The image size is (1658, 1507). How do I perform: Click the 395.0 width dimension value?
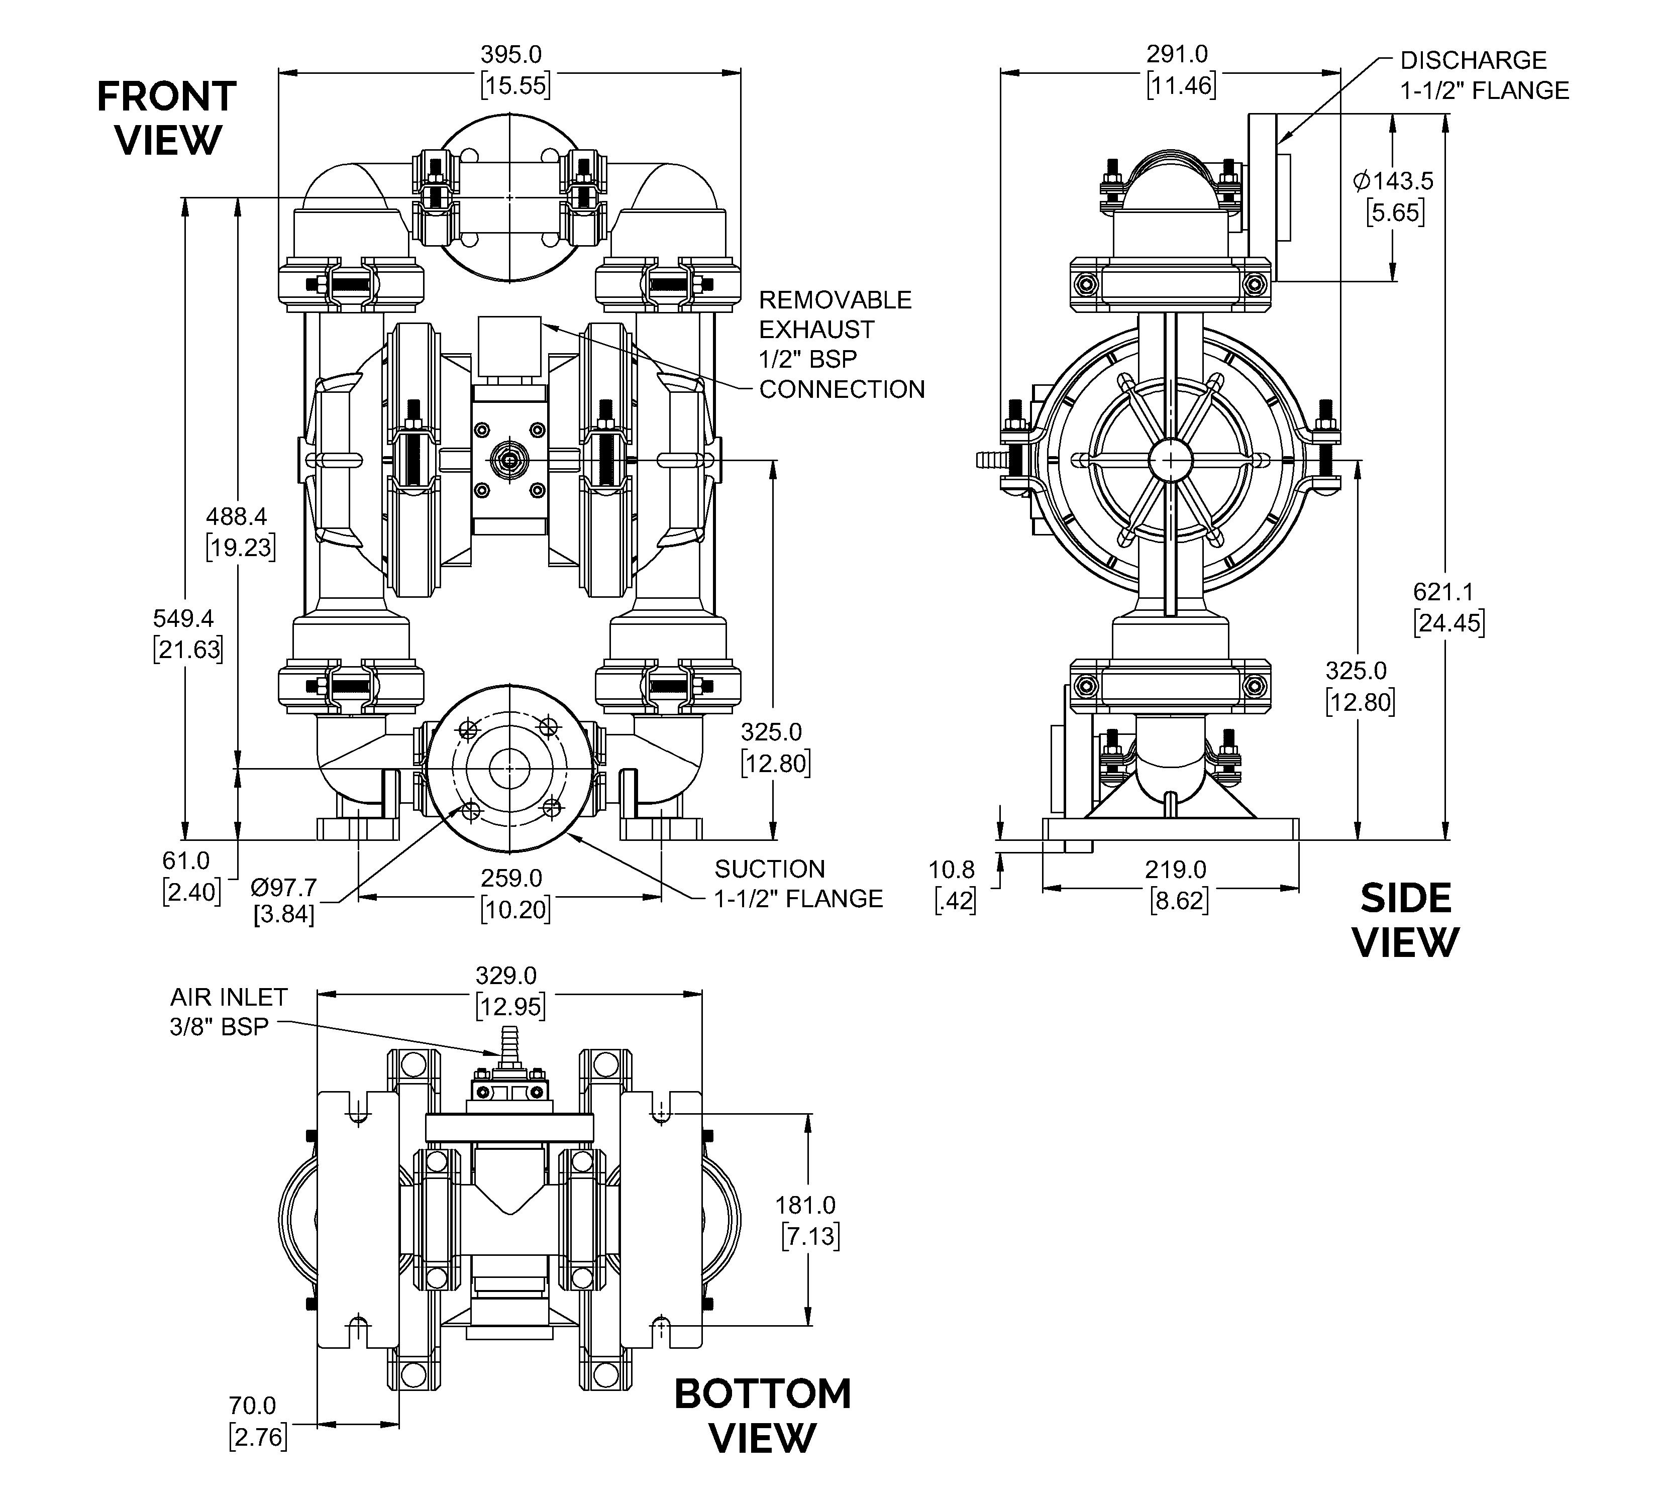coord(511,54)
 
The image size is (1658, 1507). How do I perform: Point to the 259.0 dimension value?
coord(511,878)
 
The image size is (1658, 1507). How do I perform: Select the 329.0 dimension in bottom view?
coord(506,976)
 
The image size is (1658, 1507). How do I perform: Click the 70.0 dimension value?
coord(253,1406)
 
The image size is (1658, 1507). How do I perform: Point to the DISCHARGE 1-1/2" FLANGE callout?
coord(1485,76)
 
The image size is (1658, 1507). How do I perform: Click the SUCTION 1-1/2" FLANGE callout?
coord(798,884)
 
